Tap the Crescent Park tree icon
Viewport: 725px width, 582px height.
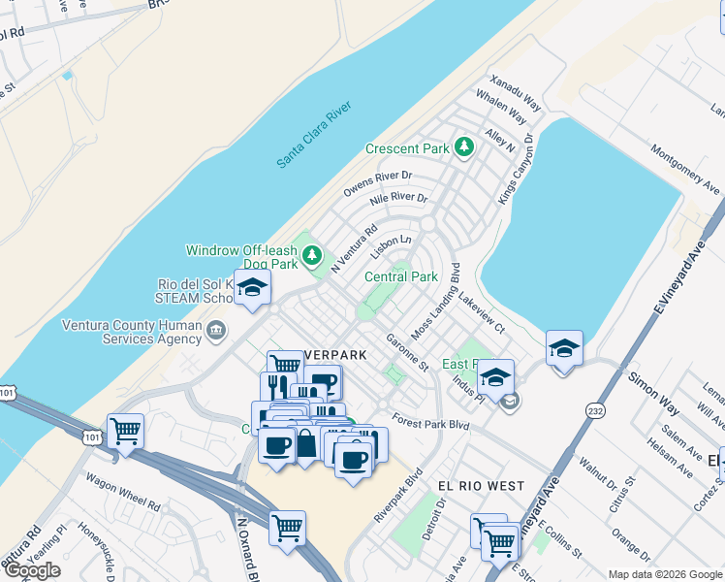[465, 147]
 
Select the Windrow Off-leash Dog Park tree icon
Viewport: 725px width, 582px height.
[311, 255]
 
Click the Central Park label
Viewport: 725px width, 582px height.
[401, 276]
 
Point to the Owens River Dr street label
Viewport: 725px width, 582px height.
[378, 183]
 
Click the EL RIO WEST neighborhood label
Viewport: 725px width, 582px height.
[481, 485]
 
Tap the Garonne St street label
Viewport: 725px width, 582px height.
[407, 354]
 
